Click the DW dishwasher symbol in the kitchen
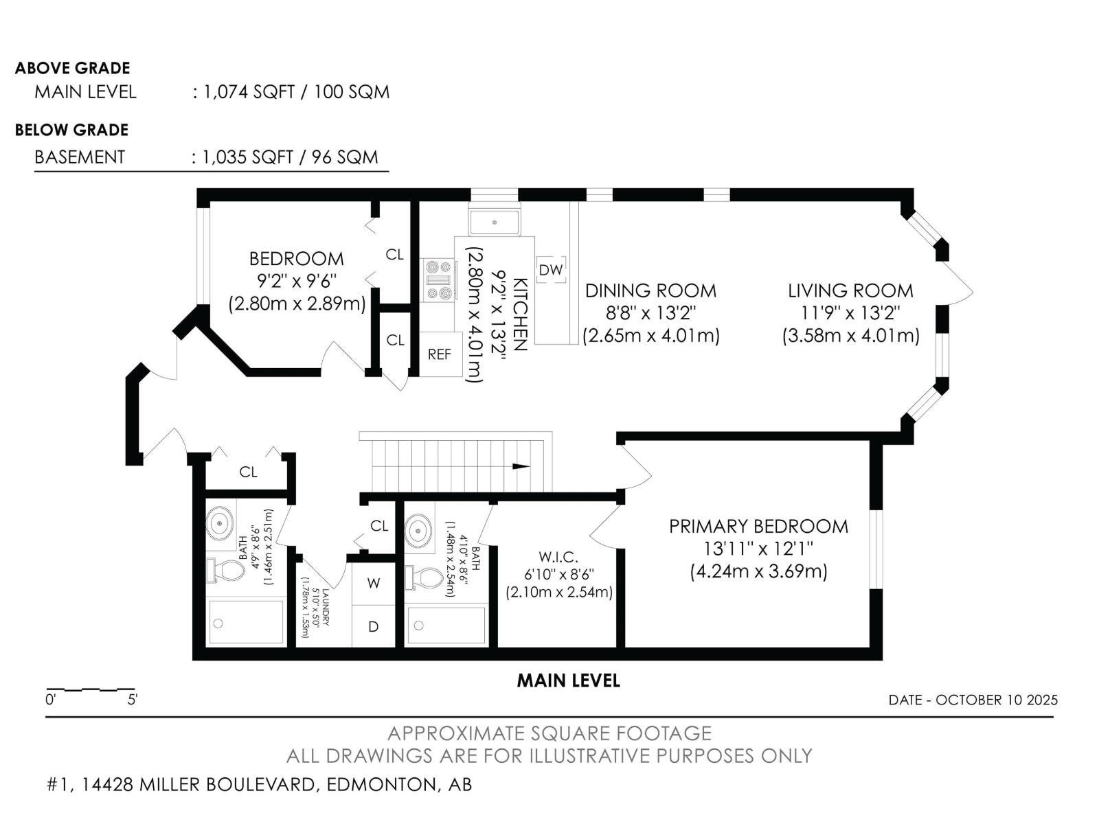coord(550,270)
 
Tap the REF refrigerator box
coord(439,354)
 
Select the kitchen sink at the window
coord(495,222)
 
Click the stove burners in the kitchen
coord(438,280)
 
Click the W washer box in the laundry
coord(374,584)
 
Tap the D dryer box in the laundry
coord(374,626)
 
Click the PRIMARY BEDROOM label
coord(758,527)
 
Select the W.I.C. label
coord(558,556)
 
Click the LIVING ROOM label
coord(850,290)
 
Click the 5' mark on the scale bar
coord(133,700)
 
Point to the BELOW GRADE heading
coord(71,130)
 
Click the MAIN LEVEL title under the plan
coord(568,680)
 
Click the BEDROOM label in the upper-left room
coord(296,259)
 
